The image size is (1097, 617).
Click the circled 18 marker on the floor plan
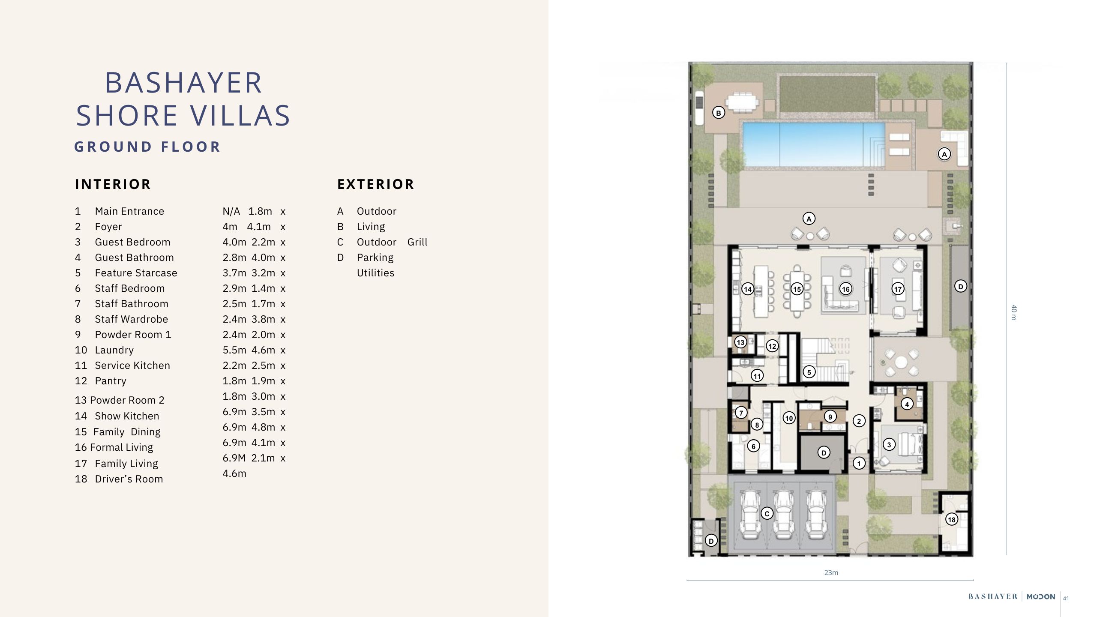pos(952,520)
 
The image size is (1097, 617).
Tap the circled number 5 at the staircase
pos(809,372)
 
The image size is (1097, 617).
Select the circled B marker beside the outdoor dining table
pos(719,113)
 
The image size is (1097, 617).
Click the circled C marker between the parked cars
pos(767,513)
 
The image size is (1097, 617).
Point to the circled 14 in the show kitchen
pos(748,289)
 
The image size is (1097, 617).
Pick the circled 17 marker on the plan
pos(898,289)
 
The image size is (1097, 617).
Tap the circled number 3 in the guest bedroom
pos(889,444)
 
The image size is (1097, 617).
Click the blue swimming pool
pos(813,144)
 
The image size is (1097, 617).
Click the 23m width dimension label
pos(831,572)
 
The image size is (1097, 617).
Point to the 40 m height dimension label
pos(1013,312)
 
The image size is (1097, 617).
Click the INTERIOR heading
pos(113,184)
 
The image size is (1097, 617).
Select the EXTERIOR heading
pos(376,184)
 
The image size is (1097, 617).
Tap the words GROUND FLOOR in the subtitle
pos(147,147)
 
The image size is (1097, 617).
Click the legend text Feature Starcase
pos(136,273)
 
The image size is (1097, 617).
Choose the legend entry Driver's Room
pos(129,479)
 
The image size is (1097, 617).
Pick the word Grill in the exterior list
pos(417,242)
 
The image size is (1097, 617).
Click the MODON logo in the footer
pos(1041,596)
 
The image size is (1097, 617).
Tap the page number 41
pos(1066,599)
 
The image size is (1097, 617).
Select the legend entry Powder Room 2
pos(120,400)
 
